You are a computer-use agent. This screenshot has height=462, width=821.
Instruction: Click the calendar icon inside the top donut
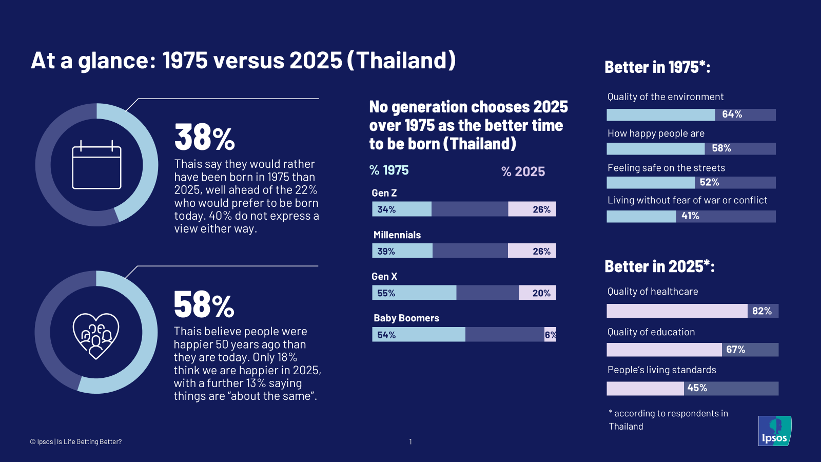point(96,165)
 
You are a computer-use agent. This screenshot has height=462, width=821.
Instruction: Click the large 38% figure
point(204,138)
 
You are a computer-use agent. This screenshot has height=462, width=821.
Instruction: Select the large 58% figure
point(204,305)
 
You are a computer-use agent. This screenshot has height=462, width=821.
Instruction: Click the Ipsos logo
point(774,431)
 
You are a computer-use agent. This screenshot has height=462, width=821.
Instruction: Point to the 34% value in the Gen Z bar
point(386,209)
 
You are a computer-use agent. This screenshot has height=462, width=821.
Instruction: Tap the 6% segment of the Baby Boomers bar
point(550,335)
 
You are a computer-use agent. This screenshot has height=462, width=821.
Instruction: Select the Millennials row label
point(397,235)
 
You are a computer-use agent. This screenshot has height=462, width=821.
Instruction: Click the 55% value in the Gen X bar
point(386,293)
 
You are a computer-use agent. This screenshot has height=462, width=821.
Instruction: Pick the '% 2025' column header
point(523,171)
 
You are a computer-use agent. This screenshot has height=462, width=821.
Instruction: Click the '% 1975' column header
point(389,170)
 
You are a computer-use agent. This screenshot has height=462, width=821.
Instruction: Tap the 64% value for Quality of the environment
point(732,114)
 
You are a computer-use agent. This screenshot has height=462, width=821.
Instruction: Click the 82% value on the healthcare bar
point(761,311)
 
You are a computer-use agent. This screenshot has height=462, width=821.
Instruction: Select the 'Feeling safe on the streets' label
point(666,168)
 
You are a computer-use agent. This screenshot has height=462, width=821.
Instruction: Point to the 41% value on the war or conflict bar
point(690,216)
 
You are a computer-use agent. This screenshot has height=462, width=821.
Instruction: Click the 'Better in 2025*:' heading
point(659,266)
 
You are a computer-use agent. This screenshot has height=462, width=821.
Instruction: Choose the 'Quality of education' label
point(651,332)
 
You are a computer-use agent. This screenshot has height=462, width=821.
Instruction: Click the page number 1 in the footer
point(411,441)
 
